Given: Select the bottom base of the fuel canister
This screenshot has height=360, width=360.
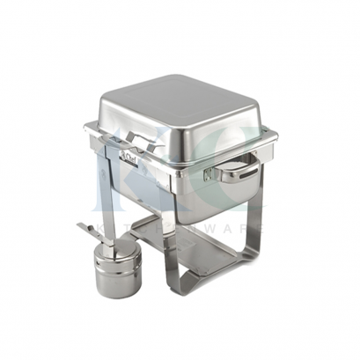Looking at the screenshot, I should tap(119, 291).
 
